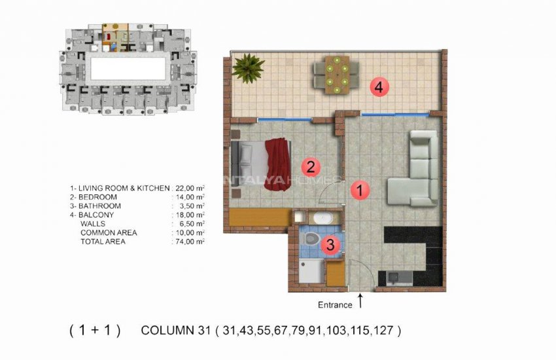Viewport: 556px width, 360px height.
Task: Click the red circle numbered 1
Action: (x=358, y=190)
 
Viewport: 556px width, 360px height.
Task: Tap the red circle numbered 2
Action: (x=311, y=166)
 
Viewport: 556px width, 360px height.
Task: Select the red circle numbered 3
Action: (x=331, y=245)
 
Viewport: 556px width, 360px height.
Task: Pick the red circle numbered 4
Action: (x=379, y=86)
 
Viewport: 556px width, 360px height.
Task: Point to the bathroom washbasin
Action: (x=322, y=218)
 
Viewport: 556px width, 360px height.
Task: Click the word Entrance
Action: (x=335, y=304)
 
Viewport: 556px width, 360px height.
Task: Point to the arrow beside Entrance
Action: (x=360, y=302)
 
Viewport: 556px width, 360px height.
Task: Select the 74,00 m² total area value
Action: (x=190, y=242)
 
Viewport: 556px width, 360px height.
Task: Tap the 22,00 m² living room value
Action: (x=190, y=188)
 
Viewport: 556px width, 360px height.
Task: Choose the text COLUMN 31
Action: (x=175, y=331)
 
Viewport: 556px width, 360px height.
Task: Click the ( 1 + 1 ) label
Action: (x=95, y=331)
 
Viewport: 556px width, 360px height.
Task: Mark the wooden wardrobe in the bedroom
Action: (x=259, y=217)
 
